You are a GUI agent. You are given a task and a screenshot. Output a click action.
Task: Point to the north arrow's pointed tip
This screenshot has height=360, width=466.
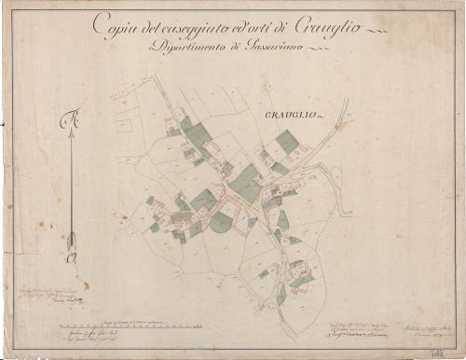[70, 132]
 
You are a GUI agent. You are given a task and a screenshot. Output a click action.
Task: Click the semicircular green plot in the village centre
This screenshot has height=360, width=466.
[221, 223]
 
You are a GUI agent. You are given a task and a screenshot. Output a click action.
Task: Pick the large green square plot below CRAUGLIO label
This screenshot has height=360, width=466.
[287, 142]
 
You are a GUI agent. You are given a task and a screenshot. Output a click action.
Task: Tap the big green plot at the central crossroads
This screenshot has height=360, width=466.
[246, 182]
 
